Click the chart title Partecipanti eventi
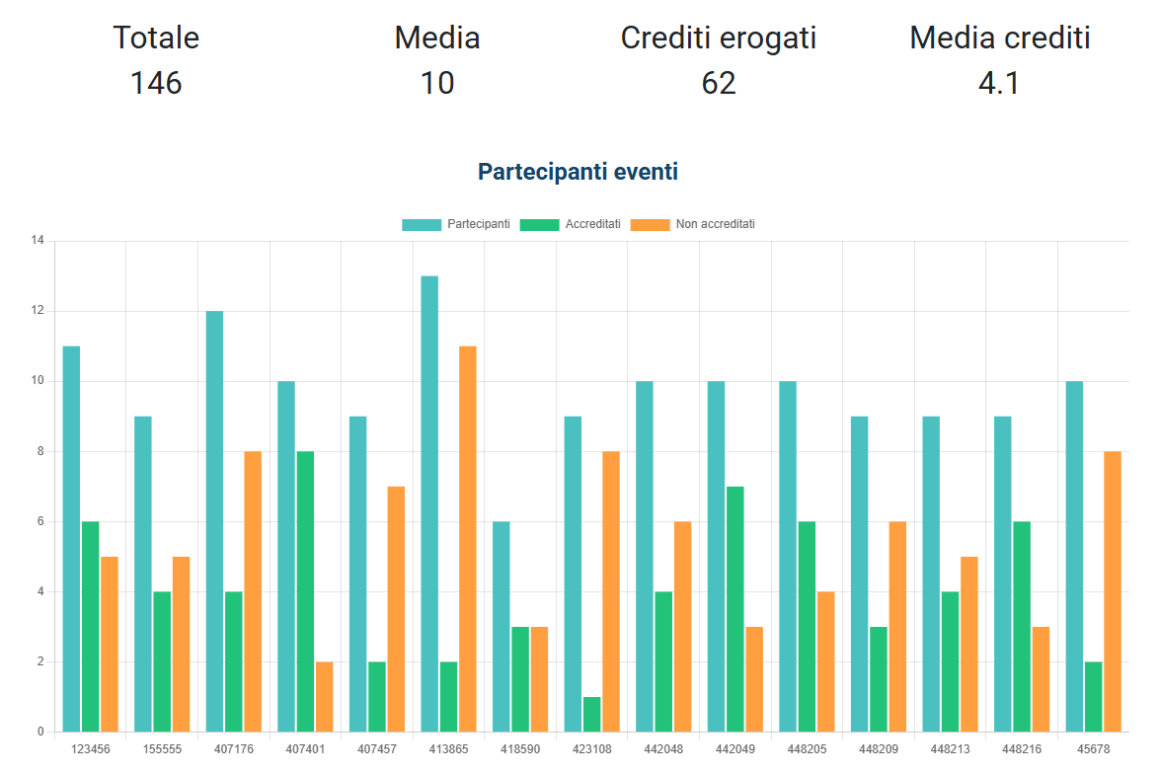pos(578,172)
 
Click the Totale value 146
pos(156,83)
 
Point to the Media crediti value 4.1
pos(998,83)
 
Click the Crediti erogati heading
pos(718,39)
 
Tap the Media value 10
pos(436,83)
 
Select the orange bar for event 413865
pos(467,538)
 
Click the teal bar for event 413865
pos(429,503)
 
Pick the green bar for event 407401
pos(305,591)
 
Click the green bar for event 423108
pos(591,714)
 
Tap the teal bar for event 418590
pos(502,626)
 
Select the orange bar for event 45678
pos(1113,591)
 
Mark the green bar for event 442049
pos(735,608)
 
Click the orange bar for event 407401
pos(324,696)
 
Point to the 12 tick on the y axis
pos(39,311)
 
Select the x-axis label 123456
pos(90,749)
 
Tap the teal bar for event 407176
pos(214,521)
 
